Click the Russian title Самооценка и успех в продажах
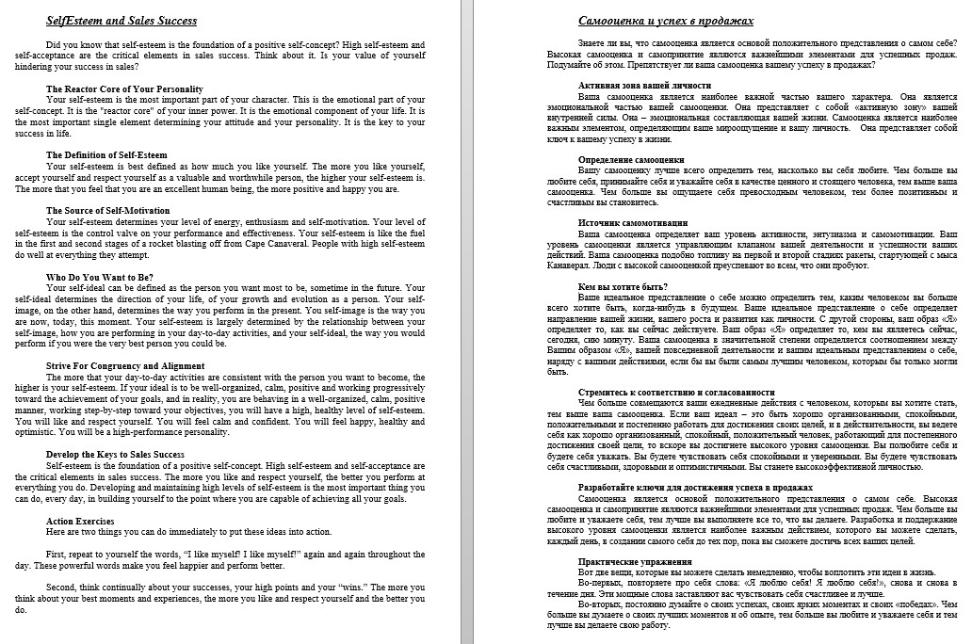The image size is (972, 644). (x=666, y=21)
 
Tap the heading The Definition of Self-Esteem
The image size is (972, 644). (x=106, y=154)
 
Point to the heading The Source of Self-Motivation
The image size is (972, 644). (x=108, y=211)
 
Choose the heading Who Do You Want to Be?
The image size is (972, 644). (x=96, y=277)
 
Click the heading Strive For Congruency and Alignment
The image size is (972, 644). (x=125, y=365)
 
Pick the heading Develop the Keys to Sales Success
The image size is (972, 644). (x=115, y=454)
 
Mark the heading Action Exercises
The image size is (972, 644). (x=81, y=521)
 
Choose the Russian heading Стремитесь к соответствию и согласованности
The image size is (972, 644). (x=676, y=392)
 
